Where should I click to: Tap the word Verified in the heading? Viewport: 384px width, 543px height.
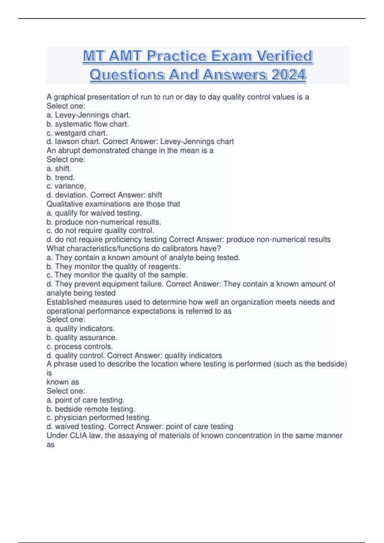(x=284, y=56)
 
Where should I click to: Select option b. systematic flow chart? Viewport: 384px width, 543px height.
(x=88, y=124)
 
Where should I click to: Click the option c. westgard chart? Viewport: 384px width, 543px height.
(x=77, y=133)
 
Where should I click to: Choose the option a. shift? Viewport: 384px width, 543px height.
(x=59, y=168)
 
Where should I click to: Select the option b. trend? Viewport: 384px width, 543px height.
(x=60, y=177)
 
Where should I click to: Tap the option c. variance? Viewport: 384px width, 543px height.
(x=66, y=186)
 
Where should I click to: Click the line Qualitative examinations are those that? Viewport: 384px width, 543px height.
(x=113, y=204)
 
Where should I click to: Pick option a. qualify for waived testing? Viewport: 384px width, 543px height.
(x=94, y=213)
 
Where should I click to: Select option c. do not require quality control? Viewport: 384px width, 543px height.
(x=100, y=230)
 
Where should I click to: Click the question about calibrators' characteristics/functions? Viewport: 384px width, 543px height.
(x=134, y=248)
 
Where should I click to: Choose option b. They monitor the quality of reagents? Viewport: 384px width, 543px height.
(x=114, y=266)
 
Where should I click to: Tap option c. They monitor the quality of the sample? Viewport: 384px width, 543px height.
(x=117, y=275)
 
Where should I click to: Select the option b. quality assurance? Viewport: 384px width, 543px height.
(x=82, y=337)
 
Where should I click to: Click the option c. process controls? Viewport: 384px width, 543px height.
(x=80, y=347)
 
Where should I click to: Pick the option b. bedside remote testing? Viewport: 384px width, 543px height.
(x=91, y=409)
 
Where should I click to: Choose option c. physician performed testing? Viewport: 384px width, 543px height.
(x=99, y=417)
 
